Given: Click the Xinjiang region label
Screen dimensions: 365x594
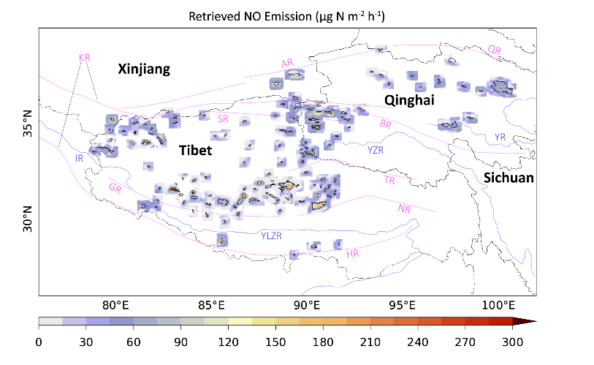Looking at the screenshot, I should (x=144, y=69).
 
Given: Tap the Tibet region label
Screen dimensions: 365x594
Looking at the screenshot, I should (x=196, y=151).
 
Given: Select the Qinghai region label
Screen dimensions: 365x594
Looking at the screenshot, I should (x=410, y=100).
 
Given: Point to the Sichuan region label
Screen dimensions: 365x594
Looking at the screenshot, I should (x=509, y=178).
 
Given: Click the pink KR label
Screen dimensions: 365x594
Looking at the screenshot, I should (x=85, y=57).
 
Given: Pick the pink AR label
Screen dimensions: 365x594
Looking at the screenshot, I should (x=287, y=64).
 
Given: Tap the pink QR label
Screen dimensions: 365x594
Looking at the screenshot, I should (x=495, y=50).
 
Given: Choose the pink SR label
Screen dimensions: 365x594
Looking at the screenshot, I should (x=224, y=118).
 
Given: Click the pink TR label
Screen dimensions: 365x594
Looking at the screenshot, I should (x=390, y=180).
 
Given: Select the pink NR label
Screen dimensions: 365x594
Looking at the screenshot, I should (x=404, y=208).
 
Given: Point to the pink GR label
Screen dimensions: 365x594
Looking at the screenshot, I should (x=115, y=188).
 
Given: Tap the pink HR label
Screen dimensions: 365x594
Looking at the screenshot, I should (x=353, y=254).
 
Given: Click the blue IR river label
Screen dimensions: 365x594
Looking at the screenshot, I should (x=80, y=159).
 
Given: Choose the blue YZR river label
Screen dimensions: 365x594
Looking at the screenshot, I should (x=376, y=150).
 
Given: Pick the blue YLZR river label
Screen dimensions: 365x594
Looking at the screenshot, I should (x=271, y=236).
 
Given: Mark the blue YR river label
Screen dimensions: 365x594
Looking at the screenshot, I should (x=500, y=137).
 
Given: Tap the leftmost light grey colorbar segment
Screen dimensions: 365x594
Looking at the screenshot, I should (x=50, y=321).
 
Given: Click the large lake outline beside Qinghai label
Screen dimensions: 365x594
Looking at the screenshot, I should (x=501, y=89).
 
